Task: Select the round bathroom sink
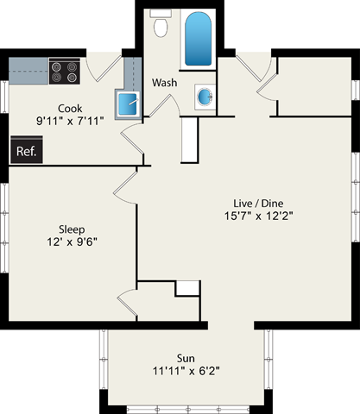click(206, 97)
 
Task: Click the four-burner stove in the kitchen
click(64, 71)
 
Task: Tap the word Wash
click(165, 83)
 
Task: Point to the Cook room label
click(70, 108)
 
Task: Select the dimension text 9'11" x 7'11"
click(70, 122)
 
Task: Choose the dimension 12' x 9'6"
click(71, 242)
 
